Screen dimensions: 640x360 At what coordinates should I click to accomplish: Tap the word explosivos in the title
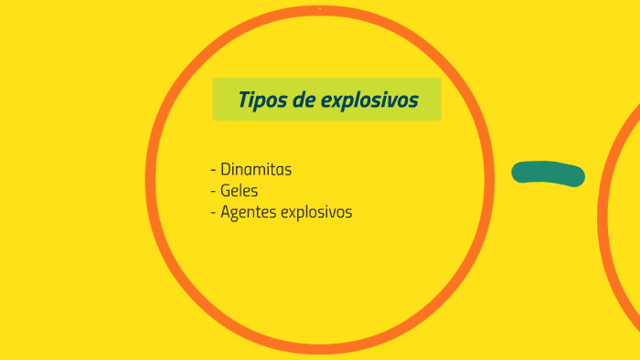pyautogui.click(x=370, y=100)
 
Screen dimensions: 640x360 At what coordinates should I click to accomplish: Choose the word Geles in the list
pyautogui.click(x=240, y=191)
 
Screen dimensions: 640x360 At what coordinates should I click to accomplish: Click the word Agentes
pyautogui.click(x=248, y=213)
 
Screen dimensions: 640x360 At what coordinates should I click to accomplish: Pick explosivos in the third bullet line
pyautogui.click(x=316, y=212)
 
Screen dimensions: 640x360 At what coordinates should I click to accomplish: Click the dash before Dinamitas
pyautogui.click(x=213, y=170)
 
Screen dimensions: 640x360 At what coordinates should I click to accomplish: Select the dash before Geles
pyautogui.click(x=213, y=192)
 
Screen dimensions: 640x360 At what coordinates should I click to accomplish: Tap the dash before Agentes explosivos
pyautogui.click(x=213, y=213)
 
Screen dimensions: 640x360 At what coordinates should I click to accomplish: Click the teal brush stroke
pyautogui.click(x=548, y=173)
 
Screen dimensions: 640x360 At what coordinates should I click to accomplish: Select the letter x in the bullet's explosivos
pyautogui.click(x=293, y=213)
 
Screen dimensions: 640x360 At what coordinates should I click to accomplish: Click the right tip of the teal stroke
pyautogui.click(x=579, y=176)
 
